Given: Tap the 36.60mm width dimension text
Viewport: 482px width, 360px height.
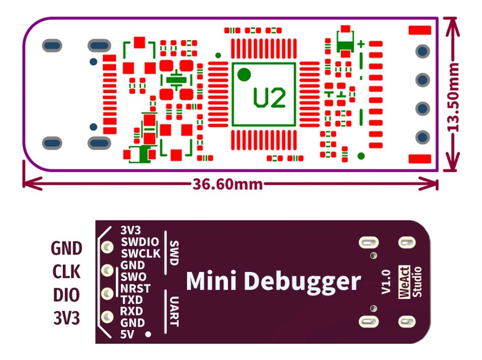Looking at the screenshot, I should click(x=227, y=183).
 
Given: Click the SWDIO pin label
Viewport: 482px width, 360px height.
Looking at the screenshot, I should click(x=140, y=242).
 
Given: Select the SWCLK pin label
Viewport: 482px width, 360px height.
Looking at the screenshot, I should click(x=141, y=254).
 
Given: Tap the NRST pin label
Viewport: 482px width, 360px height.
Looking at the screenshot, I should click(x=135, y=288).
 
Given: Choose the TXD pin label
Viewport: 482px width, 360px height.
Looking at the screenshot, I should click(x=132, y=300).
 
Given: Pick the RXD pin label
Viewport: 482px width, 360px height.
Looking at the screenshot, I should click(x=132, y=311).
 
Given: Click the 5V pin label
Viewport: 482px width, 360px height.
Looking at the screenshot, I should click(x=127, y=335).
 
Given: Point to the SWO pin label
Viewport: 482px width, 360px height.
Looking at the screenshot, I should click(x=134, y=277).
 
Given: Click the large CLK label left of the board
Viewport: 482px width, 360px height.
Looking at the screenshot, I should click(x=66, y=272).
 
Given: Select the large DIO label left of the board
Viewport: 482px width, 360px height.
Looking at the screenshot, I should click(x=66, y=295).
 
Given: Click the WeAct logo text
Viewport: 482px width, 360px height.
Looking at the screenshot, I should click(x=404, y=282).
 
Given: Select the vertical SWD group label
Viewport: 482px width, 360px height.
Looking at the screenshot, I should click(x=174, y=253).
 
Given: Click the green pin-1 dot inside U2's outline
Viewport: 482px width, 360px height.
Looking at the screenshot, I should click(x=244, y=74).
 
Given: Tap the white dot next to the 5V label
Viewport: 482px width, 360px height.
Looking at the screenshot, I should click(x=149, y=334).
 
